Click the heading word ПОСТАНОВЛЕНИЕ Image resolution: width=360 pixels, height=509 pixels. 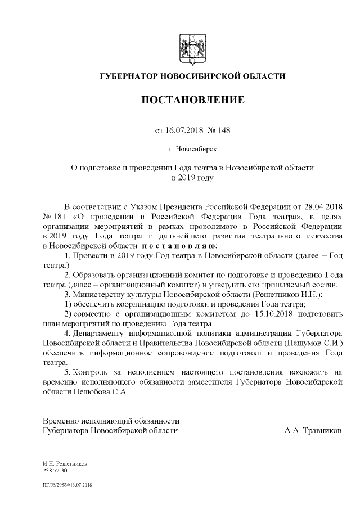pyautogui.click(x=192, y=100)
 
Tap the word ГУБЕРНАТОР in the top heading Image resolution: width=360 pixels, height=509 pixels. pyautogui.click(x=129, y=76)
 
